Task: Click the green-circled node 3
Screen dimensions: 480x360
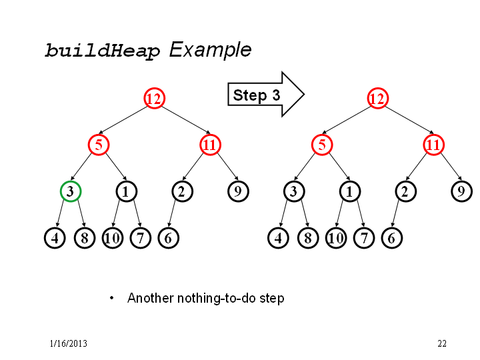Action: [71, 191]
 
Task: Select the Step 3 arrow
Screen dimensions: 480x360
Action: [266, 95]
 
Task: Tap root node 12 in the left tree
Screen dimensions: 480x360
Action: [154, 98]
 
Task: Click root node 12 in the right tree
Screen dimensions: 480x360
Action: [377, 98]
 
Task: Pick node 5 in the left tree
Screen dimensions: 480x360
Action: [99, 145]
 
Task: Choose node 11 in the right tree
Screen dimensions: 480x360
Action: [433, 145]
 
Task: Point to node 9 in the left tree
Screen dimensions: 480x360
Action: [238, 191]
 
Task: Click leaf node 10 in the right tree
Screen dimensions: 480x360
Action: [336, 238]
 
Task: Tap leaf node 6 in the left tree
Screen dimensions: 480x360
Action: [169, 238]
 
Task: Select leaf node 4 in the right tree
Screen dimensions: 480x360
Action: [278, 238]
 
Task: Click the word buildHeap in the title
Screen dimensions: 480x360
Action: [103, 51]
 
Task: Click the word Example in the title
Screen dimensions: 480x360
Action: [210, 50]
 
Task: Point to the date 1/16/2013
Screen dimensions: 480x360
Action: [68, 343]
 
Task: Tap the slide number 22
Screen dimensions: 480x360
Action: [442, 343]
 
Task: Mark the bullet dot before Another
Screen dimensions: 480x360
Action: [112, 298]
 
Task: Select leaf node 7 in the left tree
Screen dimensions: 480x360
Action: [141, 238]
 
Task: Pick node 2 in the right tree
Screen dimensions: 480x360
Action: [405, 191]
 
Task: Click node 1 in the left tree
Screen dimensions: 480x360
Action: [127, 191]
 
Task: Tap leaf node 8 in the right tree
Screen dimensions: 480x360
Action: [308, 238]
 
